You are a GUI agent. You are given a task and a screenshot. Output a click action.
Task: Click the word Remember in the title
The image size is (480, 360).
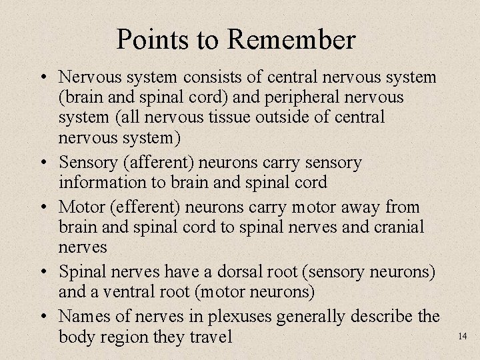291,40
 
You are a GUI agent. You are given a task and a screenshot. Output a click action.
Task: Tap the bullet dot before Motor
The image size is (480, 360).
43,207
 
